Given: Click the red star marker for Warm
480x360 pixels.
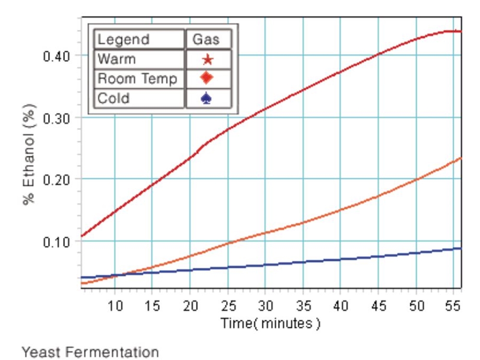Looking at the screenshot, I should pyautogui.click(x=207, y=60).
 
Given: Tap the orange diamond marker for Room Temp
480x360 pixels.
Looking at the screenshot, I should pyautogui.click(x=207, y=78).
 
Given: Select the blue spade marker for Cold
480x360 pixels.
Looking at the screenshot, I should pyautogui.click(x=207, y=98).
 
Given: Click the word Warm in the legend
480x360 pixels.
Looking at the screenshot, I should pyautogui.click(x=117, y=59).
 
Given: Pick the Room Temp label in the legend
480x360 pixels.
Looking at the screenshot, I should pyautogui.click(x=137, y=78).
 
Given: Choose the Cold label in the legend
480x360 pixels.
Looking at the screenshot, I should pyautogui.click(x=113, y=98).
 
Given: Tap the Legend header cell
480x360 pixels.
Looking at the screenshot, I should pyautogui.click(x=124, y=39).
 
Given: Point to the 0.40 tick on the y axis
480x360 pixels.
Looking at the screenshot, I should pyautogui.click(x=57, y=56).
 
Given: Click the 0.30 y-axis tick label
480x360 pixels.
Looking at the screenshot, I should pyautogui.click(x=57, y=118).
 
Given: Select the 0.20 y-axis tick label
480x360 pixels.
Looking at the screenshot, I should pyautogui.click(x=57, y=180).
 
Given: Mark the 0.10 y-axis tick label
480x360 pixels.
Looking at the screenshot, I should pyautogui.click(x=57, y=241).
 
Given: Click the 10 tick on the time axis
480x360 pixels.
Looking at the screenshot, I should pyautogui.click(x=115, y=306).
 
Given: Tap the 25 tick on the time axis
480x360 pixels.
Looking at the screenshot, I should pyautogui.click(x=228, y=306).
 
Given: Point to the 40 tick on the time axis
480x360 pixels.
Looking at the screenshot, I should pyautogui.click(x=340, y=306).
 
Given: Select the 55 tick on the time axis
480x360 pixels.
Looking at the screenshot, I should pyautogui.click(x=453, y=306).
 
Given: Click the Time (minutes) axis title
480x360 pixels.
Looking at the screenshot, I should pyautogui.click(x=270, y=324).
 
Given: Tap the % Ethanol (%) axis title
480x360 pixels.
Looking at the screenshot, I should pyautogui.click(x=30, y=154).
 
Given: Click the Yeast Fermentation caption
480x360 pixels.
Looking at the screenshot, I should pyautogui.click(x=90, y=352).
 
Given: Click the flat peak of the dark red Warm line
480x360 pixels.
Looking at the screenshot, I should pyautogui.click(x=451, y=31).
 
